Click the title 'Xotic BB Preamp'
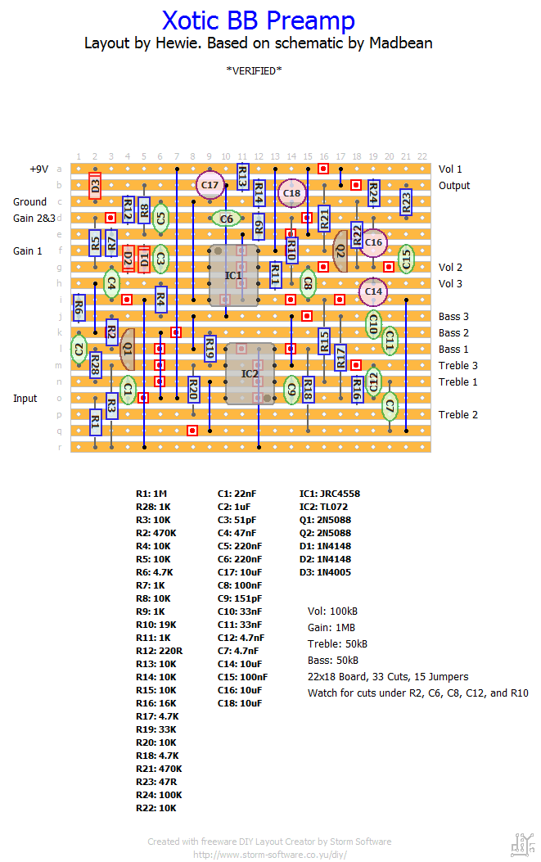pos(259,21)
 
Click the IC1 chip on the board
pos(233,275)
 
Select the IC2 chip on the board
pos(250,374)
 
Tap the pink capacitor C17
pos(210,185)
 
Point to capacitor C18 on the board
pos(291,193)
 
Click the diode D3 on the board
pos(95,185)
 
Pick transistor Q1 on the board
pos(127,349)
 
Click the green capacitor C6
pos(226,219)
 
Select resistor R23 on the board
pos(406,202)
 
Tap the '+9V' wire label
pos(39,169)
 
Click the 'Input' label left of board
pos(25,399)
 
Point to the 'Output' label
pos(454,186)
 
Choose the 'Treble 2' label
pos(458,415)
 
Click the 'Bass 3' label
pos(453,317)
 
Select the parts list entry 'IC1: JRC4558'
pos(329,494)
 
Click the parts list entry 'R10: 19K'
pos(156,625)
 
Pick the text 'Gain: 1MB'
pos(331,628)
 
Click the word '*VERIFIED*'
pos(254,71)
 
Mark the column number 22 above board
pos(422,156)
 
